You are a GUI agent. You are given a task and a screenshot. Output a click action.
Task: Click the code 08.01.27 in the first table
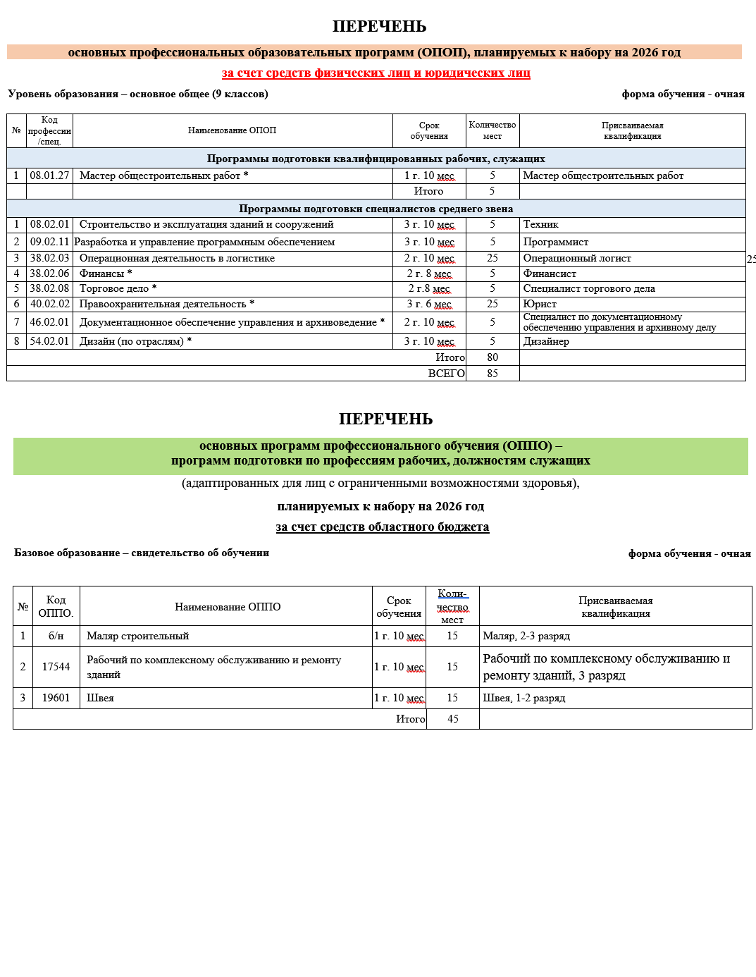tap(49, 176)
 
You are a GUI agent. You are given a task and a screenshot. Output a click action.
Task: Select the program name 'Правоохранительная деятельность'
tap(163, 304)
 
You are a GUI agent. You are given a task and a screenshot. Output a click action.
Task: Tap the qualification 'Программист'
tap(556, 242)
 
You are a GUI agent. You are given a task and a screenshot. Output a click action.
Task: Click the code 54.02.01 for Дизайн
tap(49, 341)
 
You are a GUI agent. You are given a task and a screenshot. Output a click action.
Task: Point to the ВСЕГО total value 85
tap(492, 374)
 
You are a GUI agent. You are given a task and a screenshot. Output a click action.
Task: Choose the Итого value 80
tap(492, 357)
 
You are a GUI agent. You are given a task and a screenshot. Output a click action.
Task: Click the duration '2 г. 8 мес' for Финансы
tap(428, 274)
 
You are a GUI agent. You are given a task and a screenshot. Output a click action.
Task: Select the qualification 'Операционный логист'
tap(577, 258)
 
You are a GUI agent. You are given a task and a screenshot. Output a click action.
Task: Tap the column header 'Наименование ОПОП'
tap(232, 130)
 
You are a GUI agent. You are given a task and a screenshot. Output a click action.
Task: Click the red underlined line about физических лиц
tap(376, 73)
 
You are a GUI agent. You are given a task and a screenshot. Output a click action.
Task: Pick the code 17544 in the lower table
tap(56, 667)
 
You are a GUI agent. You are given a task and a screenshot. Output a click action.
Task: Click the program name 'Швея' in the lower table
tap(100, 698)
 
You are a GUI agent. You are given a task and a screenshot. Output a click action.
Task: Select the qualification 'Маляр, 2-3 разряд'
tap(526, 636)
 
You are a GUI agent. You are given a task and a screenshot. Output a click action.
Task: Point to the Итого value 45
tap(453, 719)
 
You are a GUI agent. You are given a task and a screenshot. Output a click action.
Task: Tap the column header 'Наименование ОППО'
tap(228, 607)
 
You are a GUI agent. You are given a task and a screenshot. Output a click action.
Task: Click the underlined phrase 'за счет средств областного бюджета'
tap(382, 527)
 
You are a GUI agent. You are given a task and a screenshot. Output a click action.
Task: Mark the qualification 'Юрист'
tap(540, 304)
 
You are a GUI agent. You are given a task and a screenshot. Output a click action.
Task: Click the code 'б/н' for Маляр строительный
tap(56, 636)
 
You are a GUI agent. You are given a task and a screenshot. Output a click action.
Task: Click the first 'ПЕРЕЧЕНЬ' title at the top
tap(379, 27)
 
